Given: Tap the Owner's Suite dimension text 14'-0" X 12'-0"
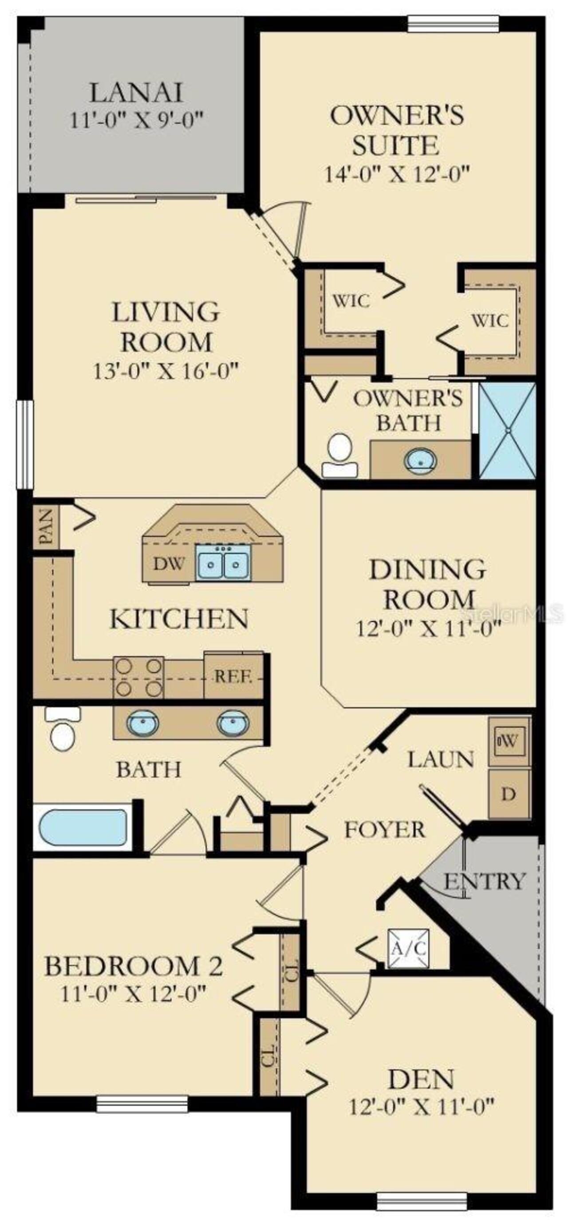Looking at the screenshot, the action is tap(397, 174).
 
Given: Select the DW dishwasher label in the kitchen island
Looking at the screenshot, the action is tap(169, 564).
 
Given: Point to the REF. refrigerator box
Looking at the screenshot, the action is tap(233, 676).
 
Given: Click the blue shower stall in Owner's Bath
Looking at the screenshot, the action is tap(508, 430).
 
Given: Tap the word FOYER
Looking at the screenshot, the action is tap(385, 830).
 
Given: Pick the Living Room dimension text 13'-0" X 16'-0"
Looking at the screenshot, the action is tap(165, 370).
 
